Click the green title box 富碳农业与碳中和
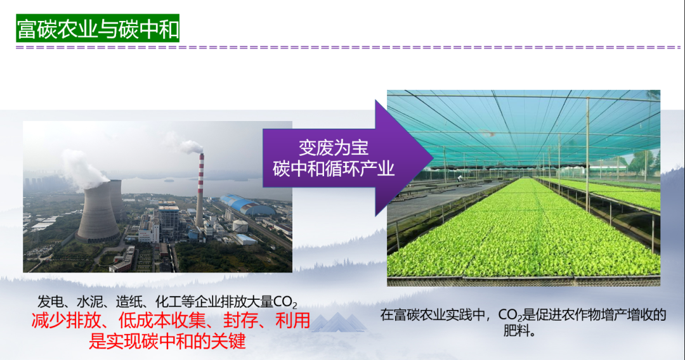point(98,29)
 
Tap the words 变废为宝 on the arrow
point(334,148)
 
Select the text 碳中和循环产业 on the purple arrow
point(334,169)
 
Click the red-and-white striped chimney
point(200,190)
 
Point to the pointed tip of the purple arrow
point(433,158)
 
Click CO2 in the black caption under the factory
point(285,302)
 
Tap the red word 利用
point(292,321)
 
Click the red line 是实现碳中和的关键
point(167,340)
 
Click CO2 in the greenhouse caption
point(510,315)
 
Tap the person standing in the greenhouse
point(460,179)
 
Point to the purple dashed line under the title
point(348,47)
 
